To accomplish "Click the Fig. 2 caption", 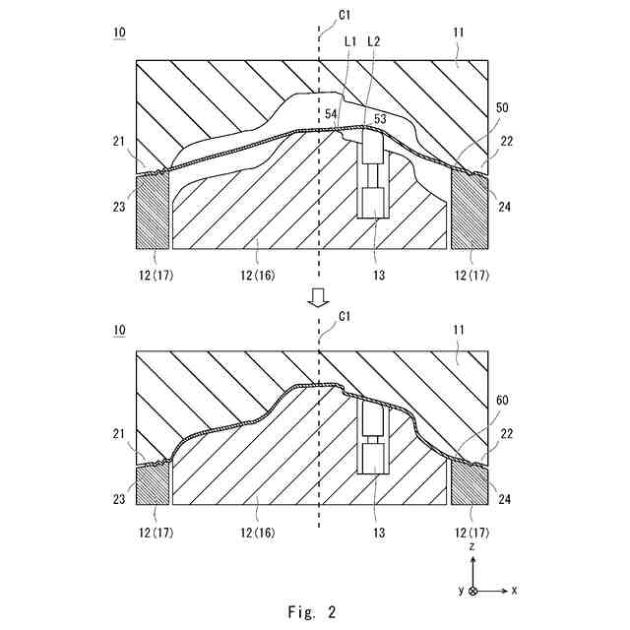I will point(312,611).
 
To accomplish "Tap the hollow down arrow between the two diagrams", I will point(317,297).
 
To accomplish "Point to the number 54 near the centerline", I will point(332,115).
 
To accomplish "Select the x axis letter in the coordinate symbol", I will point(515,590).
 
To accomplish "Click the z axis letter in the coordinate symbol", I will point(472,544).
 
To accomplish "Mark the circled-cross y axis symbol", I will point(473,591).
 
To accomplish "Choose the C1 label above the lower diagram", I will point(344,316).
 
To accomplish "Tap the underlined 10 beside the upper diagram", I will point(119,33).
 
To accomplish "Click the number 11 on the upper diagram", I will point(459,33).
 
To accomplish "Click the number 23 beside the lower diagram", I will point(119,499).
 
